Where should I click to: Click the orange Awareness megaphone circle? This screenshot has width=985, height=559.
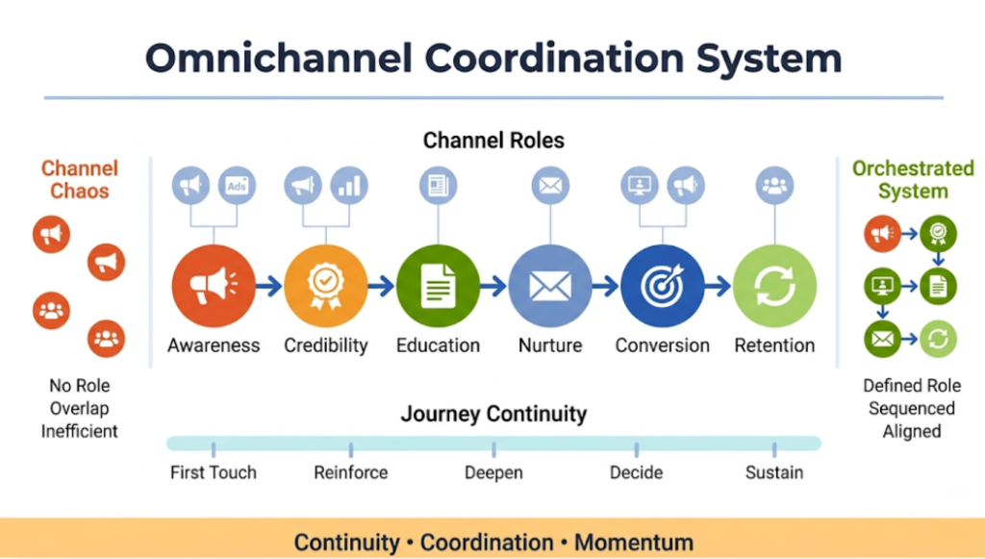(x=214, y=286)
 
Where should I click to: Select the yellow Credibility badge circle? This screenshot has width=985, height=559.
(x=325, y=286)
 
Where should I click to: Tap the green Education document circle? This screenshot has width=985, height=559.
(x=438, y=286)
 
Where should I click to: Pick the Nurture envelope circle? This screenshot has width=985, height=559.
(x=550, y=286)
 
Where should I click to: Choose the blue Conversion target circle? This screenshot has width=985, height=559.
(x=662, y=286)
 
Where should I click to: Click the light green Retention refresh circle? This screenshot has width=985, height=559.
(x=774, y=286)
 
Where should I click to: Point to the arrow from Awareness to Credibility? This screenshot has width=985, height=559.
(x=269, y=286)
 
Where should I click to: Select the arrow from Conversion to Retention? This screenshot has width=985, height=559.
(x=718, y=286)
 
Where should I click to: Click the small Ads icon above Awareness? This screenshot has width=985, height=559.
(x=237, y=186)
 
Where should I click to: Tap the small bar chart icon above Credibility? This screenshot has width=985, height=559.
(x=349, y=186)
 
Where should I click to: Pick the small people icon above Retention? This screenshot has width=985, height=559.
(x=774, y=186)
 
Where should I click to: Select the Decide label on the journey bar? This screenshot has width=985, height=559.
(x=636, y=472)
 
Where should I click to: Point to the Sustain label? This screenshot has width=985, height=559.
(x=773, y=472)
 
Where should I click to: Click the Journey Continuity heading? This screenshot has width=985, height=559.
(x=493, y=415)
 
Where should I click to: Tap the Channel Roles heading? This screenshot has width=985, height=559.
(x=493, y=140)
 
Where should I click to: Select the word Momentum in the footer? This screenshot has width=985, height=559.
(x=633, y=542)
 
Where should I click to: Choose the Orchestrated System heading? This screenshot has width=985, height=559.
(x=912, y=180)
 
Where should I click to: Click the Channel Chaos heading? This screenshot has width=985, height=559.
(x=79, y=180)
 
